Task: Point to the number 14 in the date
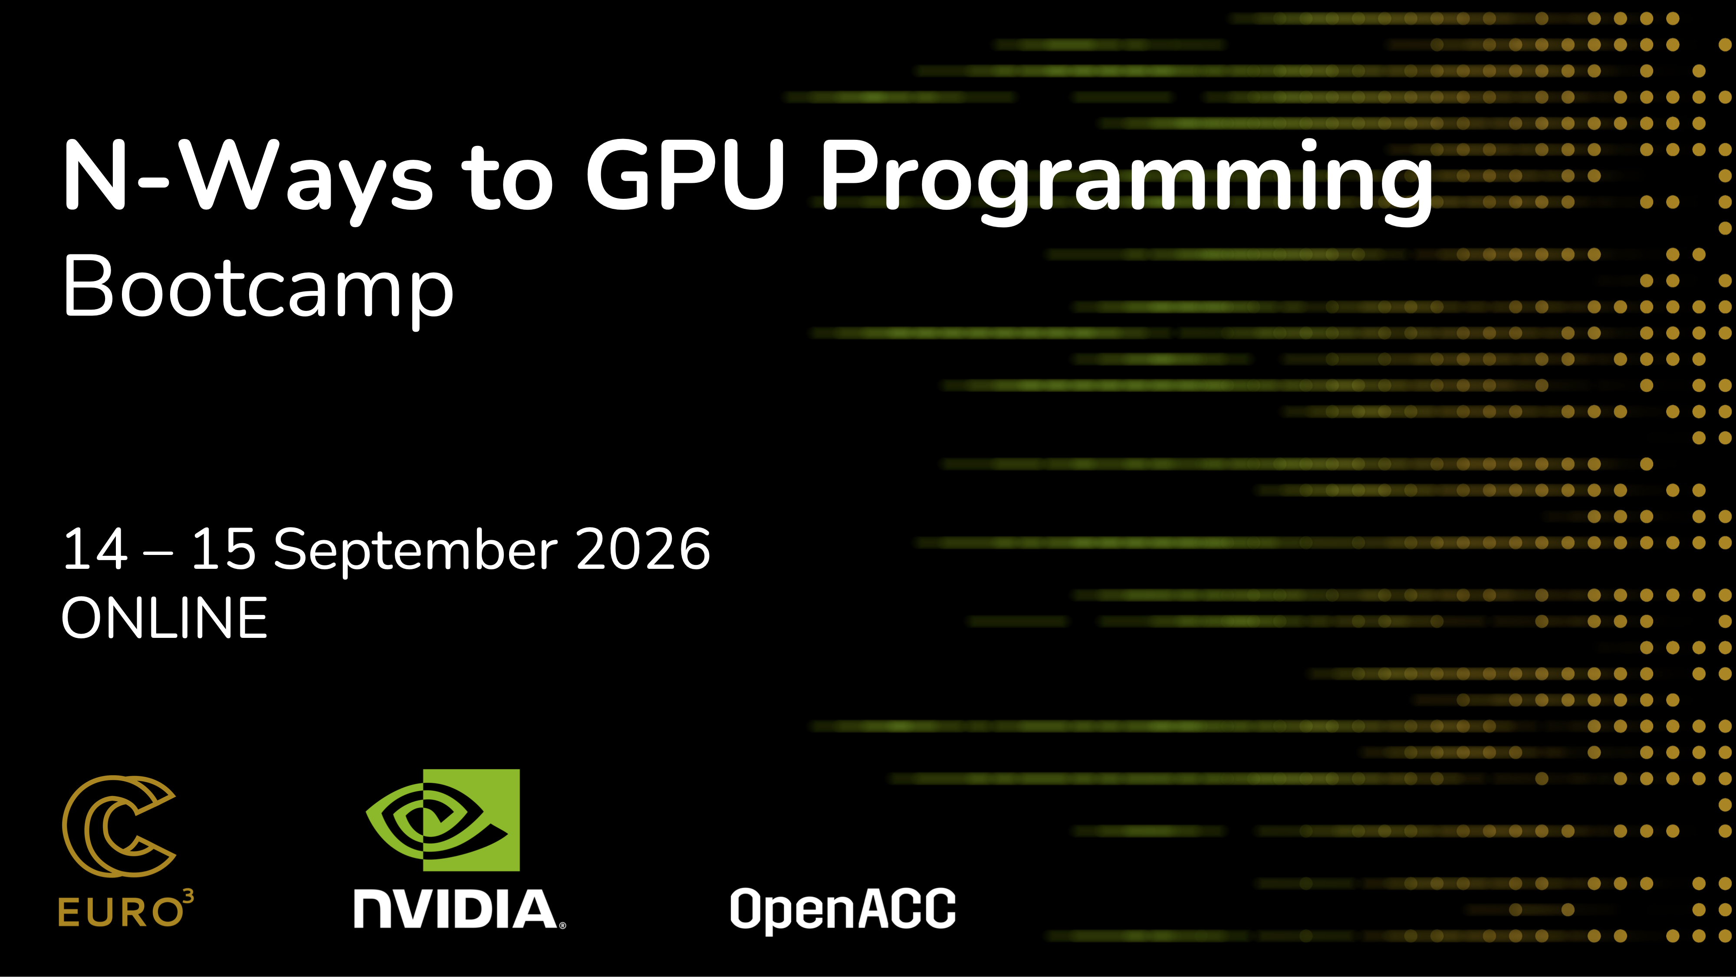pos(95,550)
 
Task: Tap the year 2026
pos(644,550)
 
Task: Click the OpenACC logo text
pos(843,910)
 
